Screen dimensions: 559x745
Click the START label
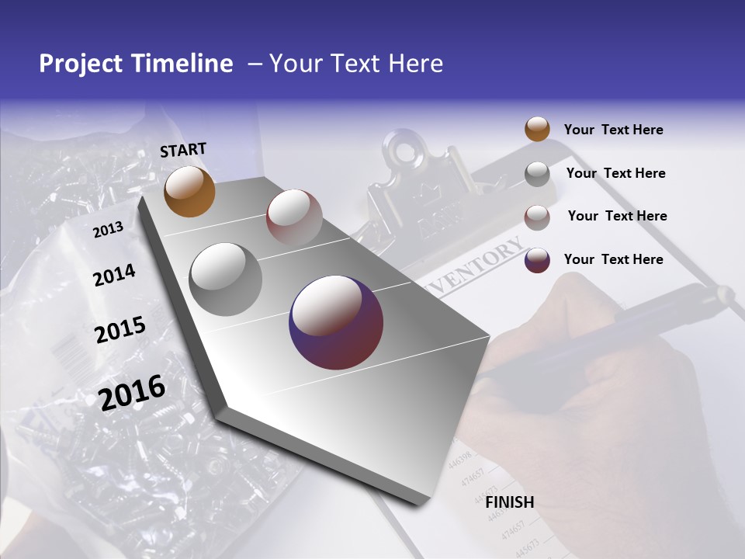183,149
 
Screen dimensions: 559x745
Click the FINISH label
509,502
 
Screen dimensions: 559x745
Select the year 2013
108,229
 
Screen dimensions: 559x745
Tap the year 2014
114,276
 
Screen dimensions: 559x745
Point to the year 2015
120,330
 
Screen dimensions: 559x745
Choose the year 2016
132,392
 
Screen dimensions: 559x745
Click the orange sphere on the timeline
189,191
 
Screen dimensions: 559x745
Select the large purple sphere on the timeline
336,322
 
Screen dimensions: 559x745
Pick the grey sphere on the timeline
225,279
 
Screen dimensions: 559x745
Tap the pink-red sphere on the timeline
294,217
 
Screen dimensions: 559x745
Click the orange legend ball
537,129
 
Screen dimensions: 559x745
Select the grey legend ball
537,174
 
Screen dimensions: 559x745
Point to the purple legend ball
537,260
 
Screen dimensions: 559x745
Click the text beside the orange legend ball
613,130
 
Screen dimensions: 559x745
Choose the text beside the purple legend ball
613,259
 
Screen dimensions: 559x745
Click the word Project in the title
81,64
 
